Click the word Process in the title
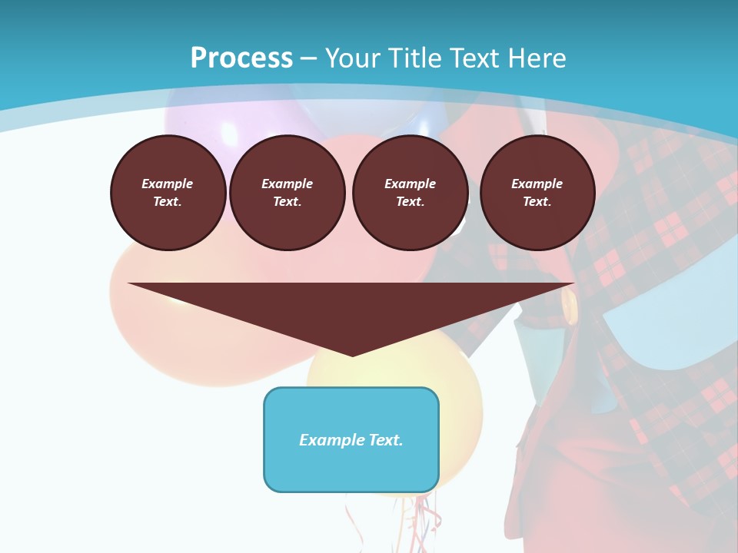point(241,58)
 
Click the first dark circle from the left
point(168,193)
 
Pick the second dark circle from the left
point(287,193)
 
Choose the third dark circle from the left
point(410,193)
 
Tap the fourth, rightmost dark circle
point(537,193)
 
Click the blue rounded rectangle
point(351,439)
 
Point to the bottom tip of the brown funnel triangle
point(352,355)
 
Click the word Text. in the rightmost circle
point(537,202)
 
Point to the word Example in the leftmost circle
point(168,184)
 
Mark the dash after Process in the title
point(308,58)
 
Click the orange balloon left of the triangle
point(154,323)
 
